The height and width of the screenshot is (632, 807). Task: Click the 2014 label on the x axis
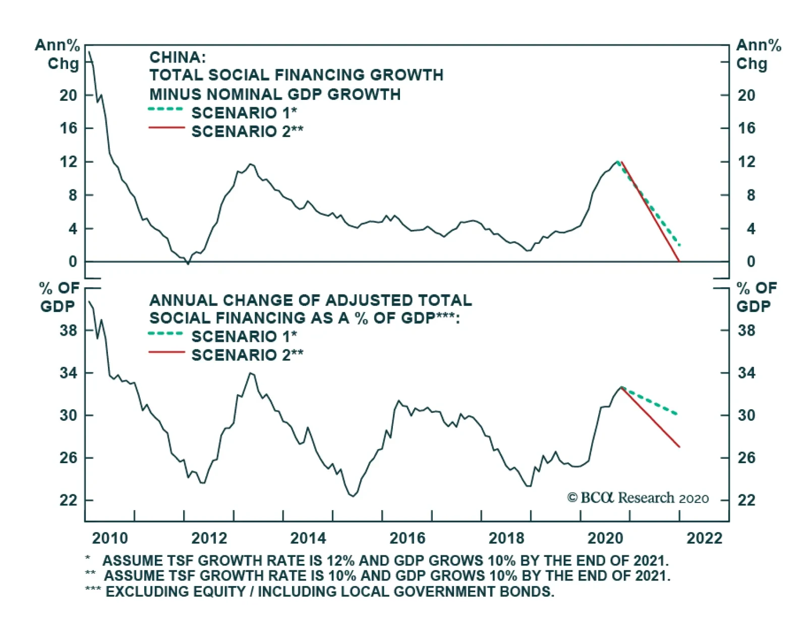point(308,538)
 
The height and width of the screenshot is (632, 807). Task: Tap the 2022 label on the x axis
point(705,538)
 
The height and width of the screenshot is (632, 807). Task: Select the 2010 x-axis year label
point(110,538)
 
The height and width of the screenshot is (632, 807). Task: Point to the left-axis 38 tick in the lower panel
point(69,331)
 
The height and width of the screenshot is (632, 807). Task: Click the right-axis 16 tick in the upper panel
point(747,128)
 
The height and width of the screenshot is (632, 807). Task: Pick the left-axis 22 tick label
point(69,500)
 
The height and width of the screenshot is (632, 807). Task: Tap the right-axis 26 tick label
point(747,458)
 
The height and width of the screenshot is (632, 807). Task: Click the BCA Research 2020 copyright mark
point(638,498)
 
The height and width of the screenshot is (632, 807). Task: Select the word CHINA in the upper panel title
point(177,57)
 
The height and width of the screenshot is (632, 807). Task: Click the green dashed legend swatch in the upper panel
point(166,109)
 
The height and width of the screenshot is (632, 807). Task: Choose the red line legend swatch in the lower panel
point(166,352)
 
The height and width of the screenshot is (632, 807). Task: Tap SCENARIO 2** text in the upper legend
point(247,132)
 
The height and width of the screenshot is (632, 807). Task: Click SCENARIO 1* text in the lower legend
point(244,336)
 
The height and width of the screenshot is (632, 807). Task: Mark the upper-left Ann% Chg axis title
point(58,54)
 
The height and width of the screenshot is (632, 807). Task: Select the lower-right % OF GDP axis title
point(756,297)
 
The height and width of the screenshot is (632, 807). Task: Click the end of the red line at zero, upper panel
point(679,261)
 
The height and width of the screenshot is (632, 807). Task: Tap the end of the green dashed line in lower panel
point(677,414)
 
